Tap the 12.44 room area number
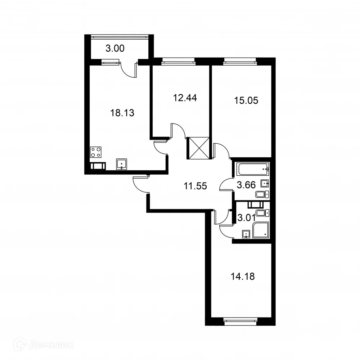pyautogui.click(x=185, y=98)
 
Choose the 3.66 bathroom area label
pyautogui.click(x=246, y=186)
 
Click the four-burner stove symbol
pyautogui.click(x=96, y=152)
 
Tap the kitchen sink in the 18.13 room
pyautogui.click(x=122, y=164)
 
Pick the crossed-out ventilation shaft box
pyautogui.click(x=198, y=148)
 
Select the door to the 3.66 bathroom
pyautogui.click(x=227, y=185)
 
